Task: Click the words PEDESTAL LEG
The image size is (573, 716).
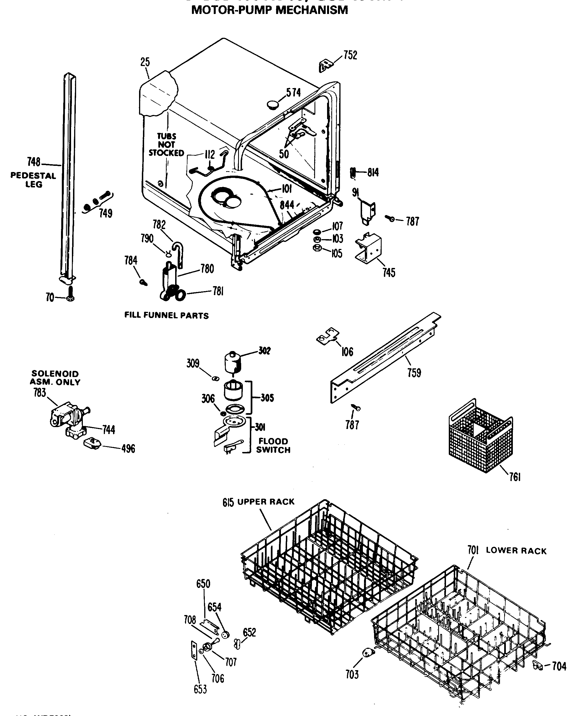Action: click(x=33, y=180)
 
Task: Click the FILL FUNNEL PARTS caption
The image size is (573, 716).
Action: click(x=166, y=315)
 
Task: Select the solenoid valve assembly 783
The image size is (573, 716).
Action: click(x=68, y=418)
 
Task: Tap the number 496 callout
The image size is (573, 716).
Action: click(x=128, y=449)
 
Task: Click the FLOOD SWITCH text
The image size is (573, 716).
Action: click(x=273, y=445)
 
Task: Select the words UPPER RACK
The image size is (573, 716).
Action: click(x=266, y=501)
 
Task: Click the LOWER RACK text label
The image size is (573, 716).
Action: click(x=516, y=551)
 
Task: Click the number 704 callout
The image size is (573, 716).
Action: click(x=559, y=666)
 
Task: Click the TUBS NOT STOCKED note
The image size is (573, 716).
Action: click(x=166, y=145)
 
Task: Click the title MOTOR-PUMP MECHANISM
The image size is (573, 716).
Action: click(x=269, y=10)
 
